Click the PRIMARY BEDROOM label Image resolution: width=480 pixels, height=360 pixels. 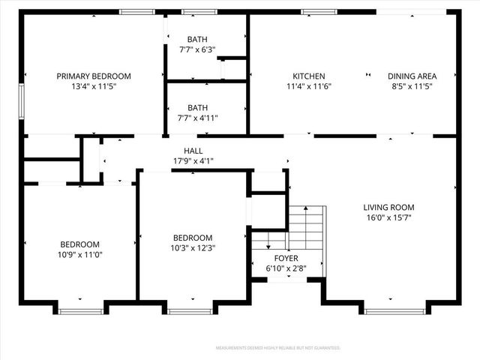94,76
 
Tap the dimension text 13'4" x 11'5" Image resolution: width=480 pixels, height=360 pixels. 94,86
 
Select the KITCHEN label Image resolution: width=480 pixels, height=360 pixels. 308,76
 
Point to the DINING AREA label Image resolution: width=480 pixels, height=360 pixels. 412,76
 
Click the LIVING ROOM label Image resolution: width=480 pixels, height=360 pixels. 388,208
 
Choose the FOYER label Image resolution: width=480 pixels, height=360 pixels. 286,257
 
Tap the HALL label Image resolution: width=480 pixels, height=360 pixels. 193,150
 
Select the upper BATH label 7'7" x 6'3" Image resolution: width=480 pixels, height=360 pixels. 198,39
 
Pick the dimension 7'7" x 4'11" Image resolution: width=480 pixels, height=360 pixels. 198,118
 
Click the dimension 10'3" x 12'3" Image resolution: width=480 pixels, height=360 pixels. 193,247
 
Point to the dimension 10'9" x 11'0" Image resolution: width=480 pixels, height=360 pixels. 80,254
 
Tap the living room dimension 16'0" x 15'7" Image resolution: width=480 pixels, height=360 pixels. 388,217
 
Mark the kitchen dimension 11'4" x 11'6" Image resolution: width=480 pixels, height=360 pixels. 308,86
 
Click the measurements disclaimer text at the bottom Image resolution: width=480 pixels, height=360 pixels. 277,348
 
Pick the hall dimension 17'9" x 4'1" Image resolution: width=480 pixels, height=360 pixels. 193,160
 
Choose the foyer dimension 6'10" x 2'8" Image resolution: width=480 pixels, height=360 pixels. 286,268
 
